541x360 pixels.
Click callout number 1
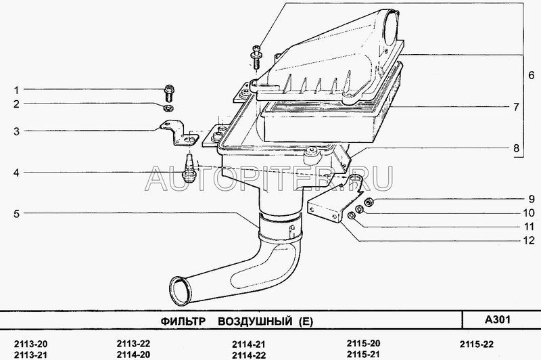tap(18, 89)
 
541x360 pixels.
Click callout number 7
tap(515, 107)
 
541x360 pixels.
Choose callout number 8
tap(515, 147)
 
